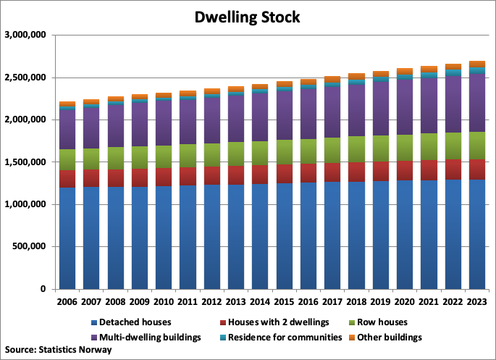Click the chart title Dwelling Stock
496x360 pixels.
pos(248,17)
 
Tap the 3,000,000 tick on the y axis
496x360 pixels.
pos(25,35)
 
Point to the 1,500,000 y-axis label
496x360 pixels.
pos(25,162)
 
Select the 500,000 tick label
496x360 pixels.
pos(30,247)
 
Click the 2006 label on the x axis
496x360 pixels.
pos(68,301)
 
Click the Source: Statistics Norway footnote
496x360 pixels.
pos(58,350)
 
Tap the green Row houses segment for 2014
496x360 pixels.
pos(261,153)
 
